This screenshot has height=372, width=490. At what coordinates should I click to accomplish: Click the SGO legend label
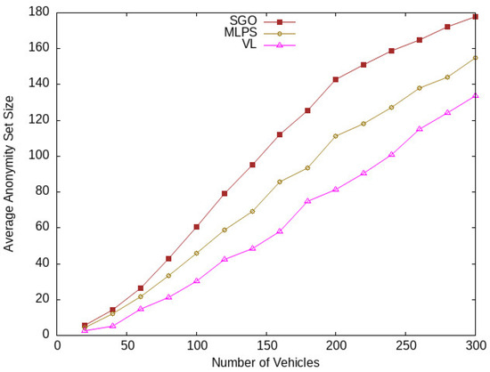(x=243, y=20)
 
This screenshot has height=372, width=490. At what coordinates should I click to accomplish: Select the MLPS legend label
(x=241, y=32)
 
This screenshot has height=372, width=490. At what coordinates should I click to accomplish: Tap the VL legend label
(x=249, y=44)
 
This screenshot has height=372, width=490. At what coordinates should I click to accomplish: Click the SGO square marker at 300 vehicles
(x=475, y=17)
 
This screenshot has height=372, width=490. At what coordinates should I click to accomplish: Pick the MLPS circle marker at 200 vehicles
(x=336, y=136)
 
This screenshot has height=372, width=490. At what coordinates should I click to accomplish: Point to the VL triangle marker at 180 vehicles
(x=307, y=201)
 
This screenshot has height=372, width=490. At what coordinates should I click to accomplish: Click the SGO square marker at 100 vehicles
(x=197, y=227)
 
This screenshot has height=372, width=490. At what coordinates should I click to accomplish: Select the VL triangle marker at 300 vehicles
(x=475, y=95)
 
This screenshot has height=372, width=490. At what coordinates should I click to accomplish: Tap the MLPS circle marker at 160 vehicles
(x=280, y=182)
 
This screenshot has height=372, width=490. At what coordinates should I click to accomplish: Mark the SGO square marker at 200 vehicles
(x=336, y=79)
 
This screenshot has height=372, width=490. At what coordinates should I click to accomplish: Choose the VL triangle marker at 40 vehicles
(x=113, y=326)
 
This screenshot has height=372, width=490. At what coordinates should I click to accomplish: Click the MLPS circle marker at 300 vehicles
(x=475, y=58)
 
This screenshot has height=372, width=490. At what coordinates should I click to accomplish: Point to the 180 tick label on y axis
(x=39, y=12)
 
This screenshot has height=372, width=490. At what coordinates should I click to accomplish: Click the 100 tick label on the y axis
(x=39, y=156)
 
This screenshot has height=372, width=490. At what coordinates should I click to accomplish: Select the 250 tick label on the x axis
(x=405, y=346)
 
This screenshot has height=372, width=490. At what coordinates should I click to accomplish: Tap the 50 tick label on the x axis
(x=127, y=346)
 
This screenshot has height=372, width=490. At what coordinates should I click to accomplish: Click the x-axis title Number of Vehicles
(x=265, y=362)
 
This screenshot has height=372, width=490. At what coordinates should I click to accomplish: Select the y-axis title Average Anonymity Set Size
(x=9, y=174)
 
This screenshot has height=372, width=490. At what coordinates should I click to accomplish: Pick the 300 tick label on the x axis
(x=475, y=346)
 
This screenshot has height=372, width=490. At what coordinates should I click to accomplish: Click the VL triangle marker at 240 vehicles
(x=391, y=154)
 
